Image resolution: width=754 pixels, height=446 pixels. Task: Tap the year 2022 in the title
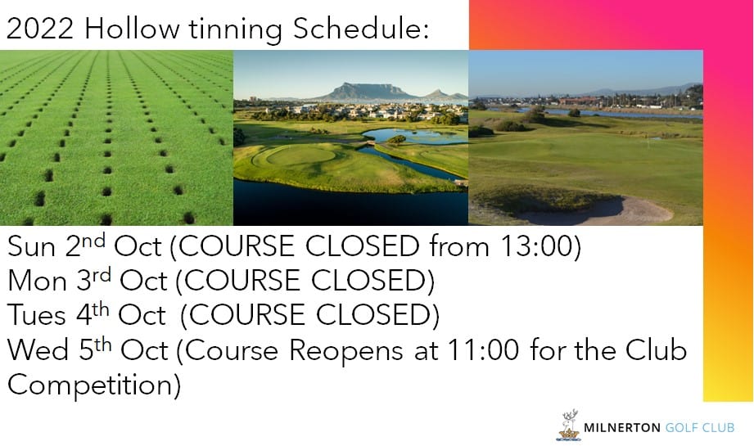coord(40,29)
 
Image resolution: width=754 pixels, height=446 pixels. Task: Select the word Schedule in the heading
coord(360,29)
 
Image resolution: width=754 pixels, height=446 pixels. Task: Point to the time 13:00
coord(536,246)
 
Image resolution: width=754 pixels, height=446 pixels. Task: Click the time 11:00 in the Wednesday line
coord(483,350)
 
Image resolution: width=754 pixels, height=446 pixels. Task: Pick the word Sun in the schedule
coord(32,246)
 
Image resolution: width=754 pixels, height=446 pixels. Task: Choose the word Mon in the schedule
coord(37,281)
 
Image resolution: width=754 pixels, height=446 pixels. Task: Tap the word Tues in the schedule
coord(37,315)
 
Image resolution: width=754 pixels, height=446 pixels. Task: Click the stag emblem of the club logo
coord(569,425)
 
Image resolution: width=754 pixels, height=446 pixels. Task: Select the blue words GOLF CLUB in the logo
coord(700,427)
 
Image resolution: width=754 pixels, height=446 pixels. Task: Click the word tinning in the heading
coord(235,29)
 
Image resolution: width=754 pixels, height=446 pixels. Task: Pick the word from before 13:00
coord(460,246)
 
